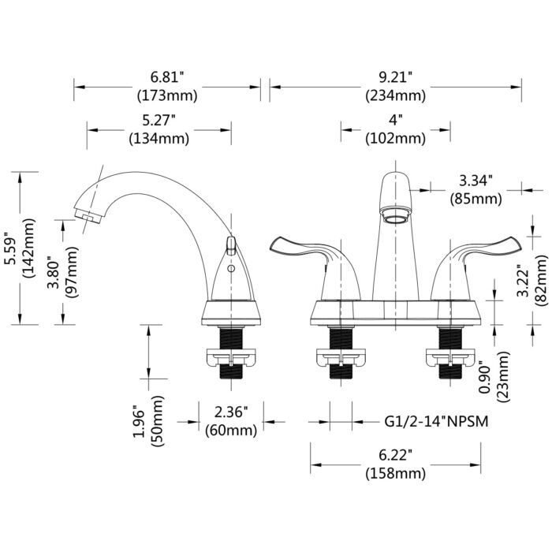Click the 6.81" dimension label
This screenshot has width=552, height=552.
coord(167,76)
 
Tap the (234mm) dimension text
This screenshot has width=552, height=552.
coord(395,95)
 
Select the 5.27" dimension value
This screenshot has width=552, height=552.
coord(159,120)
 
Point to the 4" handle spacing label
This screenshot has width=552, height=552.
coord(395,120)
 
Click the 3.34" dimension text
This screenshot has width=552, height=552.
coord(476,181)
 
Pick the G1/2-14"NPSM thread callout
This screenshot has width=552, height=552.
coord(436,421)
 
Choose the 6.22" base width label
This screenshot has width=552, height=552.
coord(395,455)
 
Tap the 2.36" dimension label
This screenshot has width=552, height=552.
coord(231,412)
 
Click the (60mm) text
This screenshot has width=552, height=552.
coord(231,431)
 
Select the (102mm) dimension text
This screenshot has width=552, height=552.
coord(395,139)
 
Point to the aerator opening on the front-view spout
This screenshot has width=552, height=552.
coord(395,219)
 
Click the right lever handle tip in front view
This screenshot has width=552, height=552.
coord(515,244)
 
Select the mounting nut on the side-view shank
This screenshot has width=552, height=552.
coord(231,357)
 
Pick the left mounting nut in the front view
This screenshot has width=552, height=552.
coord(341,357)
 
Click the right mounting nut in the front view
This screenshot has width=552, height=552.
coord(450,357)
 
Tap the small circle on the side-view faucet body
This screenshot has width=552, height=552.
coord(231,269)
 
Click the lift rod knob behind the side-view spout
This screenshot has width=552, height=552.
coord(230,245)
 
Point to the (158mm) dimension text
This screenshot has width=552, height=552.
coord(395,473)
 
